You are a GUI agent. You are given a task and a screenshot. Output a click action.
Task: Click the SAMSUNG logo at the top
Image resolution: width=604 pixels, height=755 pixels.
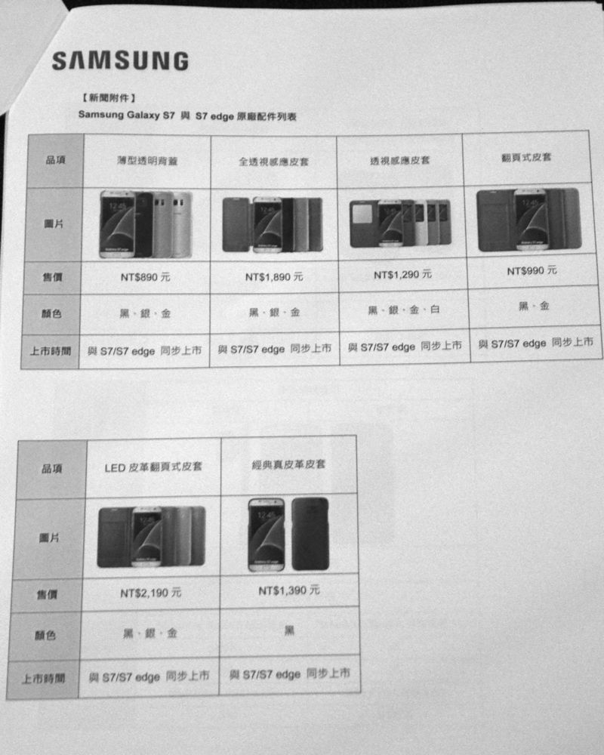[x=120, y=60]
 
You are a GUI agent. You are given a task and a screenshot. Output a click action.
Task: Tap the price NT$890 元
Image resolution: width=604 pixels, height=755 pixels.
[x=146, y=277]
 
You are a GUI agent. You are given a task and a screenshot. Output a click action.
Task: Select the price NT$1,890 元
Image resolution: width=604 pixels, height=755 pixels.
[x=274, y=277]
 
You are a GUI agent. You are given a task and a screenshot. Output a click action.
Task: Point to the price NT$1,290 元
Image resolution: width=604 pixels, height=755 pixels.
[x=402, y=275]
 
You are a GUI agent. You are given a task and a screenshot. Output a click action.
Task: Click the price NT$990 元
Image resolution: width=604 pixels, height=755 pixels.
[x=532, y=270]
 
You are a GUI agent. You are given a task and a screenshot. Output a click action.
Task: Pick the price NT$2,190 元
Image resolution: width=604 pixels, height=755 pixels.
[x=151, y=593]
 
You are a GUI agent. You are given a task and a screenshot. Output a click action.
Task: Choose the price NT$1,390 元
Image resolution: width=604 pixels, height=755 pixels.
[x=289, y=590]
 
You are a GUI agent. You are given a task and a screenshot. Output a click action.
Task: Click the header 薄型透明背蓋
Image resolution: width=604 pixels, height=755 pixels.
[x=147, y=160]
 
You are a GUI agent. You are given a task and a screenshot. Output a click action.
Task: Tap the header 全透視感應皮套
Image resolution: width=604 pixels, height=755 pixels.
[x=273, y=162]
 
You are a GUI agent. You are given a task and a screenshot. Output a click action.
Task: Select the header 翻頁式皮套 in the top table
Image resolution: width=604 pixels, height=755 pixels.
[x=526, y=158]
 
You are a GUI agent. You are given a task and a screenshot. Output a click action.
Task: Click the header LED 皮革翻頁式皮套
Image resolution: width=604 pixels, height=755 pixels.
[x=153, y=467]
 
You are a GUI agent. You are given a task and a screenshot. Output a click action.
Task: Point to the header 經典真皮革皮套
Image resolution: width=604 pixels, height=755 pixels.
[x=288, y=464]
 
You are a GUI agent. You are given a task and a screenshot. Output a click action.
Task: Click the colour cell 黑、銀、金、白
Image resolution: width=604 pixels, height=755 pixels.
[x=404, y=310]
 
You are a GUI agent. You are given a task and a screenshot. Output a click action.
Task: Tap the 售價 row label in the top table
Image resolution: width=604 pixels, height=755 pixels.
[x=52, y=277]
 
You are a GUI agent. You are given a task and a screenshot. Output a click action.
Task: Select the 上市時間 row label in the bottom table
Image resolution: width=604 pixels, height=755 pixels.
[x=43, y=679]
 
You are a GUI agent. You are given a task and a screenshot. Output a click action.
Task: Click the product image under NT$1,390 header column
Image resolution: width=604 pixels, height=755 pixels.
[x=288, y=535]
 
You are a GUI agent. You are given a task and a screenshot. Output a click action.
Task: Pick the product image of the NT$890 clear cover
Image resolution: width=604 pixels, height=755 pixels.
[x=146, y=224]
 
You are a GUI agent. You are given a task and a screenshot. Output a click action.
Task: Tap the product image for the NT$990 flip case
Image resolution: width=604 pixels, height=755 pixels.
[x=528, y=220]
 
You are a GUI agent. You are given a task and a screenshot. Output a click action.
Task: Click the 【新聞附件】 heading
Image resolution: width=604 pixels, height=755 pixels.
[x=109, y=97]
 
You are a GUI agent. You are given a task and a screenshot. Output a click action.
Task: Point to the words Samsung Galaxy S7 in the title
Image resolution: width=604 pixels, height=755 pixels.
[x=127, y=115]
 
